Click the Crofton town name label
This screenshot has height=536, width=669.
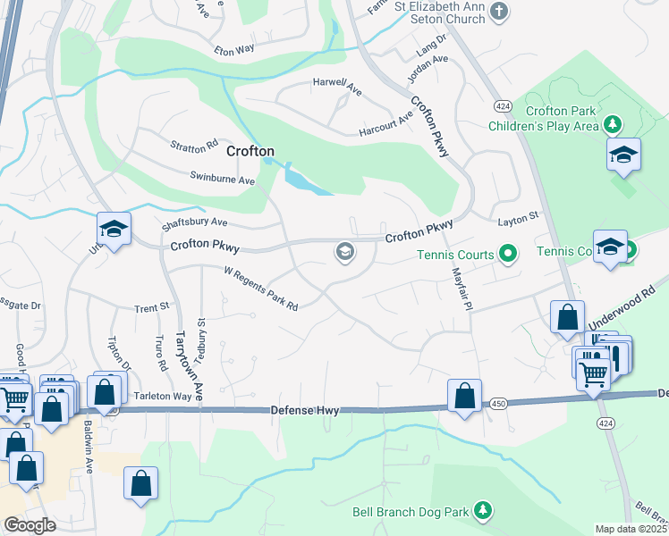250,151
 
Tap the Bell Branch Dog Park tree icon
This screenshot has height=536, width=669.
483,510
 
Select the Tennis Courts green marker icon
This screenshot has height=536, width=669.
508,255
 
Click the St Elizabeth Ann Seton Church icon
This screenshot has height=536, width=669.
500,12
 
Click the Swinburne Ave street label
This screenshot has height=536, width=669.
223,180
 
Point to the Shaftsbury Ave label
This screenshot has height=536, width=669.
194,222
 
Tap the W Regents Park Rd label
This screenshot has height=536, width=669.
260,287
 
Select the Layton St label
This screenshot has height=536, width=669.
519,216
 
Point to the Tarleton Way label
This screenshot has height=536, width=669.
165,396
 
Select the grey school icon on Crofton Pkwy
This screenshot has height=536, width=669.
344,253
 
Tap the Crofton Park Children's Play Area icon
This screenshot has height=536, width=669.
613,124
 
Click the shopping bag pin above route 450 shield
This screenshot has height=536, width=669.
465,396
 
